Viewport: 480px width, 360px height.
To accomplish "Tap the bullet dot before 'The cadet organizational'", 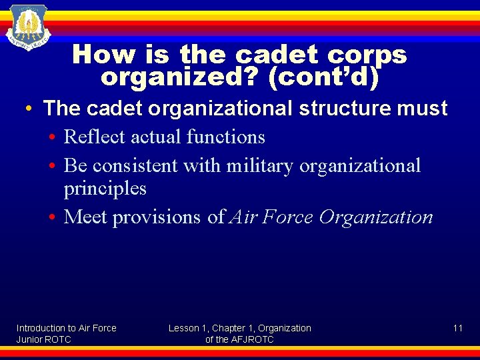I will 30,109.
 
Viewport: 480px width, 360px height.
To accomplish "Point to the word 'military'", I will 259,165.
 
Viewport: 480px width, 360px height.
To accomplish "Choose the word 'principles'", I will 105,188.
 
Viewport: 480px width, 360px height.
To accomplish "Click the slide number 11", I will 457,328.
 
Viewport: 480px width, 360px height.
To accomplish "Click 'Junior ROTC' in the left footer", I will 43,339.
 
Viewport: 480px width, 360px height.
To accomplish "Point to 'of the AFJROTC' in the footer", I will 239,339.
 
